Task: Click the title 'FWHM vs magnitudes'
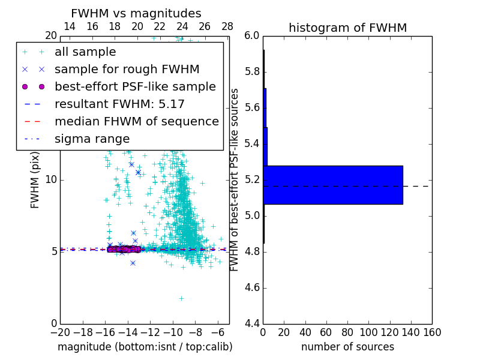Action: [x=136, y=14]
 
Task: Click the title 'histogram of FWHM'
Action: [x=347, y=28]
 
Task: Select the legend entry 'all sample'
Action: [x=85, y=52]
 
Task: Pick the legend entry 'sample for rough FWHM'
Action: [x=127, y=70]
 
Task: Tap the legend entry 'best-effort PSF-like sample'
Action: [x=135, y=86]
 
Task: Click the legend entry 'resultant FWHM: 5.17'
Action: [x=119, y=104]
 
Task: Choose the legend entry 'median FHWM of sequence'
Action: [x=136, y=121]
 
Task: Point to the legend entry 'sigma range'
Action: [x=92, y=139]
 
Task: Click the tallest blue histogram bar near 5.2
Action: [x=332, y=185]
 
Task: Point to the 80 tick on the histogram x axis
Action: [x=347, y=332]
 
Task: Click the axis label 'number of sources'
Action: [x=347, y=347]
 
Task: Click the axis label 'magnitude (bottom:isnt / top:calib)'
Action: [x=145, y=347]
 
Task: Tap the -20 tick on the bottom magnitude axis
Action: [x=60, y=332]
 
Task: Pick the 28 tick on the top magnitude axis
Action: [x=227, y=26]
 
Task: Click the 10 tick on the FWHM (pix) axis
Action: [x=50, y=180]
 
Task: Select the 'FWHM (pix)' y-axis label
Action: [x=35, y=180]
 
